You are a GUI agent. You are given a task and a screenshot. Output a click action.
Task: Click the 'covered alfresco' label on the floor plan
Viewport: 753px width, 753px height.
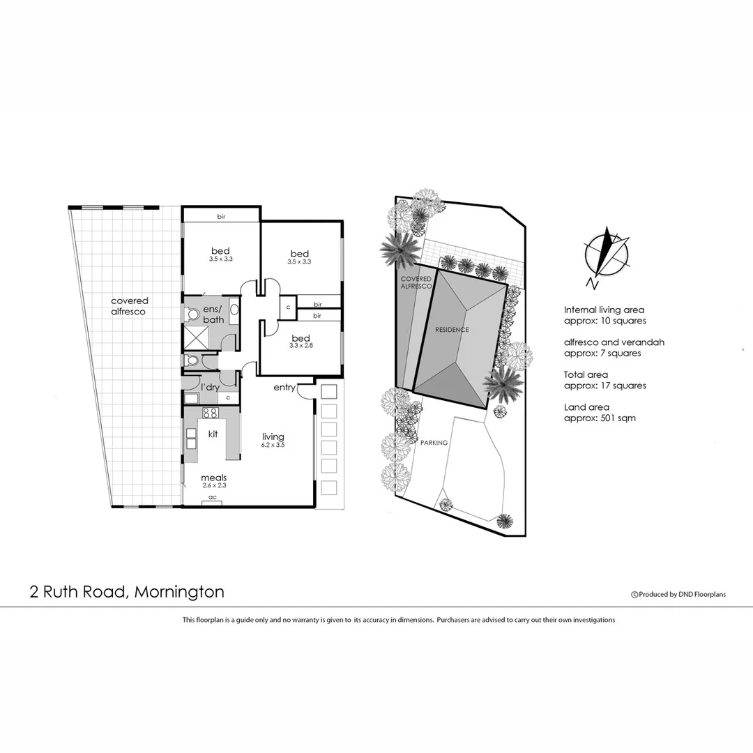pyautogui.click(x=129, y=306)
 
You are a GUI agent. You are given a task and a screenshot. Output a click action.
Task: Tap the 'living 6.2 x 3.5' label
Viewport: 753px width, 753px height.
pyautogui.click(x=273, y=440)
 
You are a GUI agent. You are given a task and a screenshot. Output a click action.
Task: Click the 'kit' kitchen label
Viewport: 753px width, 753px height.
pyautogui.click(x=213, y=434)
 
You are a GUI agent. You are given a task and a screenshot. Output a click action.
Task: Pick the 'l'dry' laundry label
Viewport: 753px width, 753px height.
pyautogui.click(x=211, y=386)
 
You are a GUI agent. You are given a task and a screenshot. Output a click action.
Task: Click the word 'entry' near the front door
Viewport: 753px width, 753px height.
pyautogui.click(x=284, y=387)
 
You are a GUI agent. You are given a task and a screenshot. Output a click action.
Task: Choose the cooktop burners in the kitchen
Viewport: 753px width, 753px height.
pyautogui.click(x=211, y=413)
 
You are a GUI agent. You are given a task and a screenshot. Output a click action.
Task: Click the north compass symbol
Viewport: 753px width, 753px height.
pyautogui.click(x=607, y=254)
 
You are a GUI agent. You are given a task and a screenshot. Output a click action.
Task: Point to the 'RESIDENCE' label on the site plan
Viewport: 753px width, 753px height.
pyautogui.click(x=452, y=329)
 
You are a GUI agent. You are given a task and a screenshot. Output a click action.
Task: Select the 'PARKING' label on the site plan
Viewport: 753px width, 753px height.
pyautogui.click(x=434, y=442)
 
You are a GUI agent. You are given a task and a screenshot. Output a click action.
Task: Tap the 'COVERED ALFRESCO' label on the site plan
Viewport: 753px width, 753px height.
pyautogui.click(x=416, y=282)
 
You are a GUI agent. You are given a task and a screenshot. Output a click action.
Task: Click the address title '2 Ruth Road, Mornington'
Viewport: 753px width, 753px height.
pyautogui.click(x=127, y=592)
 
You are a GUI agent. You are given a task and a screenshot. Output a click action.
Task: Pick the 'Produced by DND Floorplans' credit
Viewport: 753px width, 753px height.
pyautogui.click(x=678, y=594)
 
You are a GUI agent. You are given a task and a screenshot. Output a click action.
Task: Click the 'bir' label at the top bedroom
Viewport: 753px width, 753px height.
pyautogui.click(x=221, y=217)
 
